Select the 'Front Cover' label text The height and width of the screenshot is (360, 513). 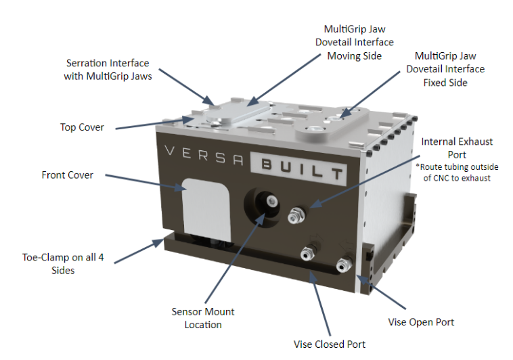(68, 175)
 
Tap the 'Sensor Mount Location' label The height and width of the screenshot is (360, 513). (202, 318)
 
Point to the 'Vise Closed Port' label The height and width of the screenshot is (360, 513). (329, 344)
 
